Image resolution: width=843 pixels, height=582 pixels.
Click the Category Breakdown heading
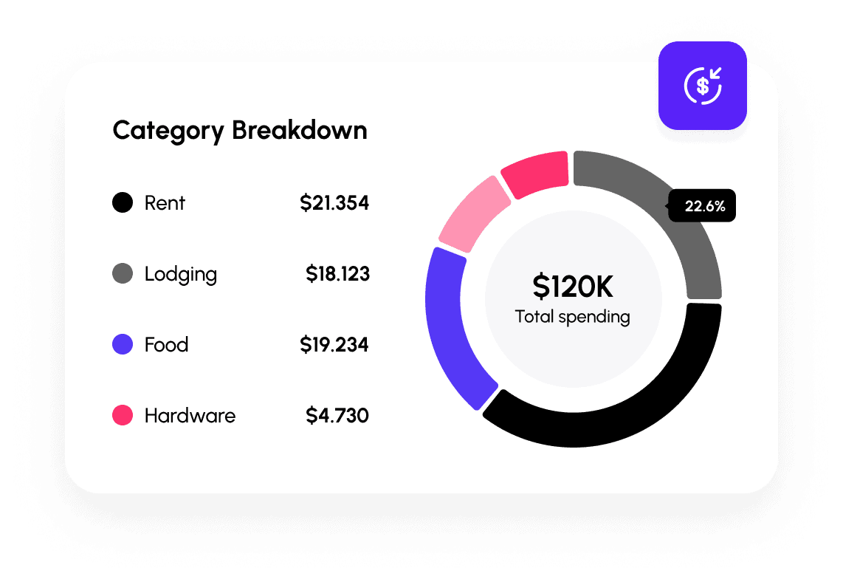click(240, 131)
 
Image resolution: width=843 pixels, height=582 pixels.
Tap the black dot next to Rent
click(123, 202)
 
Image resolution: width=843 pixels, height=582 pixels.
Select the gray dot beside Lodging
click(123, 274)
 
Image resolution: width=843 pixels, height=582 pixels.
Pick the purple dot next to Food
click(123, 344)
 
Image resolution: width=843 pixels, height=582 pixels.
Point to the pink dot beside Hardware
click(123, 415)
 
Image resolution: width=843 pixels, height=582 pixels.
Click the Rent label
click(165, 202)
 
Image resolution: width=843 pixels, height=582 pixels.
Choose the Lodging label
click(181, 275)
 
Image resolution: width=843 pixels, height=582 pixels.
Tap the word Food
click(166, 345)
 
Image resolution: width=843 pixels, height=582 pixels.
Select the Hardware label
click(190, 416)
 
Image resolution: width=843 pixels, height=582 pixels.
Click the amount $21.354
click(334, 202)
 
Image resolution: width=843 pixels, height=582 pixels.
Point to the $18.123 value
click(337, 274)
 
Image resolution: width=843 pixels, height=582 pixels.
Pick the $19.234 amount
click(334, 345)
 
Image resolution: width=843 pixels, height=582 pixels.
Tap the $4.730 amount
click(337, 416)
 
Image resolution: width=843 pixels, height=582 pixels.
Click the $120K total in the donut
click(573, 287)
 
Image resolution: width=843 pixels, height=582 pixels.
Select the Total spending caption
click(573, 318)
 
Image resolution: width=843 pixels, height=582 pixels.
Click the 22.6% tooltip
click(703, 206)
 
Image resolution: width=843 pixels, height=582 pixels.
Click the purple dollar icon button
click(703, 86)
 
